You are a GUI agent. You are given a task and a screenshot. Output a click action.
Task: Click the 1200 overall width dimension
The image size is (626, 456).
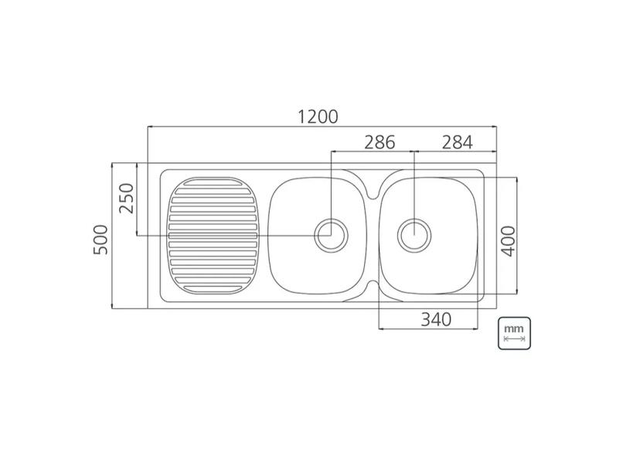tap(318, 116)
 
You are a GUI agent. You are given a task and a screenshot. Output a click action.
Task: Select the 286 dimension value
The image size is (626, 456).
tap(379, 142)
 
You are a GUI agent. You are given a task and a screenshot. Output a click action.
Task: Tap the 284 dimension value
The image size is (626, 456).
tap(457, 142)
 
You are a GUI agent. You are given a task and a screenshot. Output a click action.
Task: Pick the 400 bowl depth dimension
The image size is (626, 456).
tap(508, 236)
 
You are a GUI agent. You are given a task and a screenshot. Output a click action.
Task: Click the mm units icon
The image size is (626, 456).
tap(514, 333)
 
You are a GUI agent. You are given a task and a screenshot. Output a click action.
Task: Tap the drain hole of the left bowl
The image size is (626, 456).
tap(332, 233)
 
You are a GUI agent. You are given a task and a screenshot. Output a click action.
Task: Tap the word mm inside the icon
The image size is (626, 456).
tap(514, 328)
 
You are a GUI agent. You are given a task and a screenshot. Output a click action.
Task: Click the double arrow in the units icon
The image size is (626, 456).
tap(514, 339)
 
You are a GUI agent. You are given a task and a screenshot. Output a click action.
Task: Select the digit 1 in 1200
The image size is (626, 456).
tap(301, 116)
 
